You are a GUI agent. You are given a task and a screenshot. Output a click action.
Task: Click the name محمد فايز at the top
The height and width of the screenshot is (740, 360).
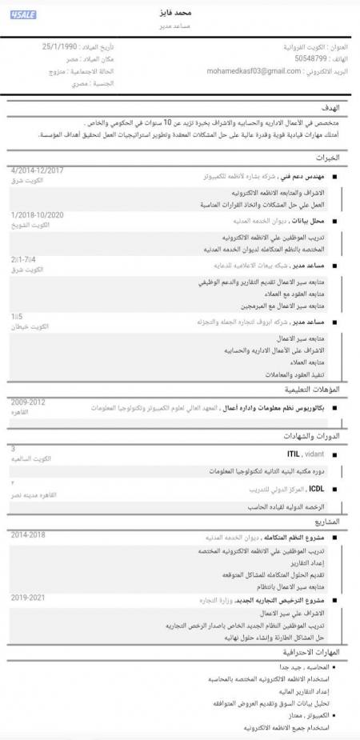coord(179,14)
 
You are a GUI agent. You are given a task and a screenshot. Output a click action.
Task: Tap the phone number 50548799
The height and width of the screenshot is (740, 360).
coord(310,58)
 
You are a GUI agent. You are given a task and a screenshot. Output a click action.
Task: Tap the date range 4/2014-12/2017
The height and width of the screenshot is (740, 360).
coord(38,170)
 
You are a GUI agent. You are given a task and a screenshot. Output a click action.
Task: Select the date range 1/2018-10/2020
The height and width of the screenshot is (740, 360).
coord(38,215)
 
